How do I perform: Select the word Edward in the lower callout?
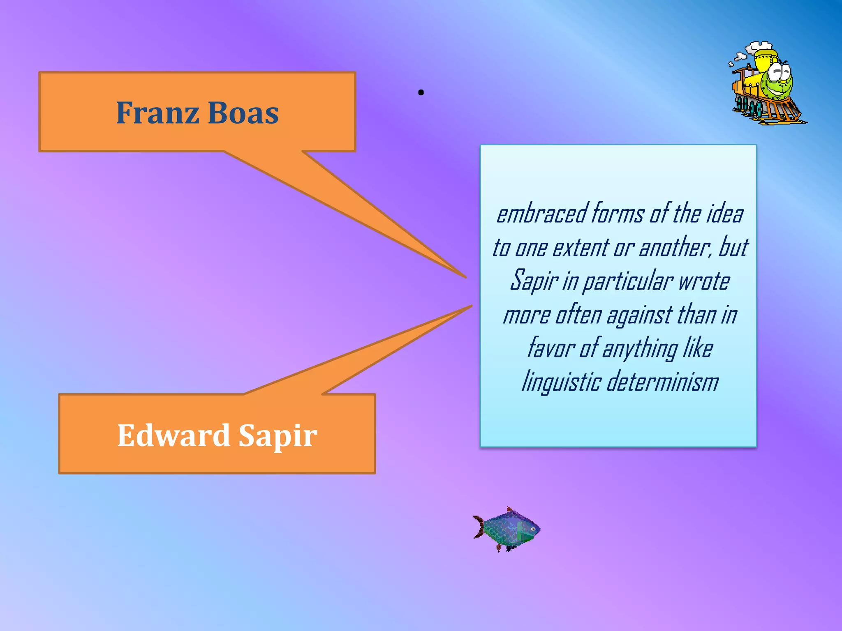point(173,435)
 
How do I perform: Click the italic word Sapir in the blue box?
point(533,281)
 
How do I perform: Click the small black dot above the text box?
point(421,93)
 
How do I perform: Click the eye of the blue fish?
point(532,529)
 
